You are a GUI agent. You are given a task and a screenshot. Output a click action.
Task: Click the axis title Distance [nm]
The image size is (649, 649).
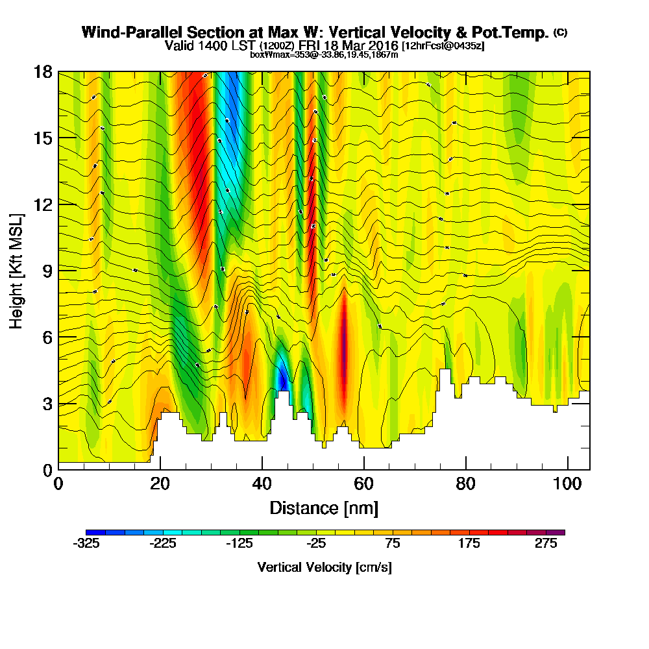[x=324, y=508]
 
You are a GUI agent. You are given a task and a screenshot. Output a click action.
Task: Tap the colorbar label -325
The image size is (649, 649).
[x=86, y=545]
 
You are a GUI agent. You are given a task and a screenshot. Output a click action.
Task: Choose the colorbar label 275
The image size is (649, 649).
[x=546, y=545]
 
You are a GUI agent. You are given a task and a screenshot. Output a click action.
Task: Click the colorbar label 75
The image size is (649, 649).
[x=393, y=545]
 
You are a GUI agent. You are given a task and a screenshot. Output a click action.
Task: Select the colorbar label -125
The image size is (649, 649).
[x=239, y=545]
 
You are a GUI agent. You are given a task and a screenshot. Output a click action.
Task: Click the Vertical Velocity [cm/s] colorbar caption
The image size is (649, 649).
[x=324, y=567]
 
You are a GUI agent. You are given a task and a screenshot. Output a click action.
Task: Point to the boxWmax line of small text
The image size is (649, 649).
[x=324, y=55]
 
